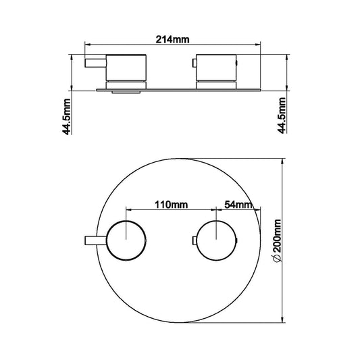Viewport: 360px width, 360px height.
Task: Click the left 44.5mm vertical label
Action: [66, 116]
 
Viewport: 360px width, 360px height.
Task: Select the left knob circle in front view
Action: [126, 239]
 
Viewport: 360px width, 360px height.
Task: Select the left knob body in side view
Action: [126, 66]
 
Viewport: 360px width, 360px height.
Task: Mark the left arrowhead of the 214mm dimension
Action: [87, 46]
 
